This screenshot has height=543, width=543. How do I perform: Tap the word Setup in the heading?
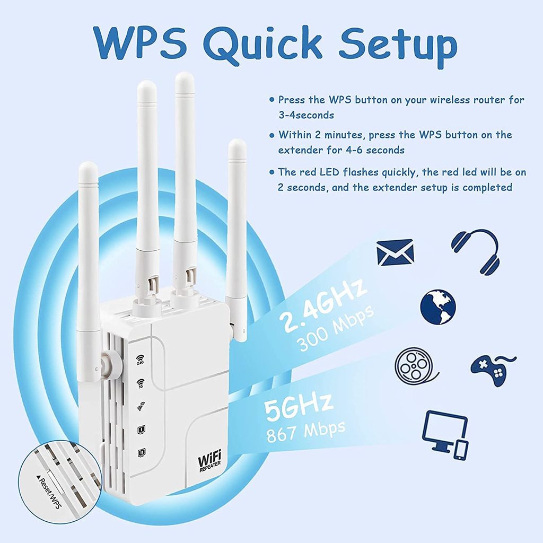pos(398,47)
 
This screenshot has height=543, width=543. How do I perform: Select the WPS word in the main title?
pos(139,43)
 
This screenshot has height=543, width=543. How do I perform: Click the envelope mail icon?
pos(395,252)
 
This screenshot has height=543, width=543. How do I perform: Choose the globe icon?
pos(438,307)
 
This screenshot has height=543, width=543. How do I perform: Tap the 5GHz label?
pos(299,407)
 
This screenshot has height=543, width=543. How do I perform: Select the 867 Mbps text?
pos(306,432)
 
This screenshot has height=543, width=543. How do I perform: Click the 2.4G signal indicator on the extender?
pos(140,360)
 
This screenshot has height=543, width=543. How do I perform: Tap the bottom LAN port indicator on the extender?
pos(142,453)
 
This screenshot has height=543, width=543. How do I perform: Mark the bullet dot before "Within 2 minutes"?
pos(271,135)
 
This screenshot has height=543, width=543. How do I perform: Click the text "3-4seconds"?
pos(306,115)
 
